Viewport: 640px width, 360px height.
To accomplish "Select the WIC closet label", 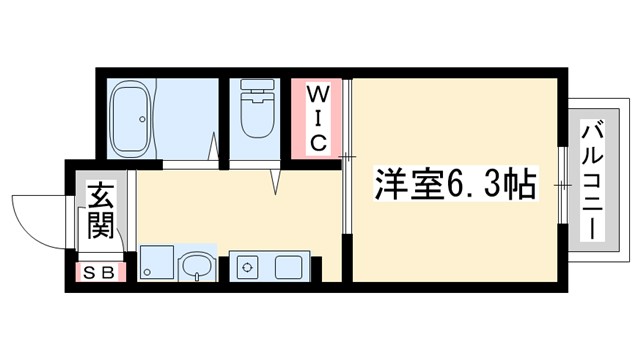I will [317, 119].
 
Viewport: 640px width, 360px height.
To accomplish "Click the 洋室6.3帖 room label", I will [456, 185].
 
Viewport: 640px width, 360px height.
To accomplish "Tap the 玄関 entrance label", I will [99, 211].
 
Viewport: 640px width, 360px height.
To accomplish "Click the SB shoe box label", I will [99, 271].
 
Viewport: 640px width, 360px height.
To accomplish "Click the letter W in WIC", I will [317, 95].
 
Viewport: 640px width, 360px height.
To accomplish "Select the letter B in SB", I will [107, 271].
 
